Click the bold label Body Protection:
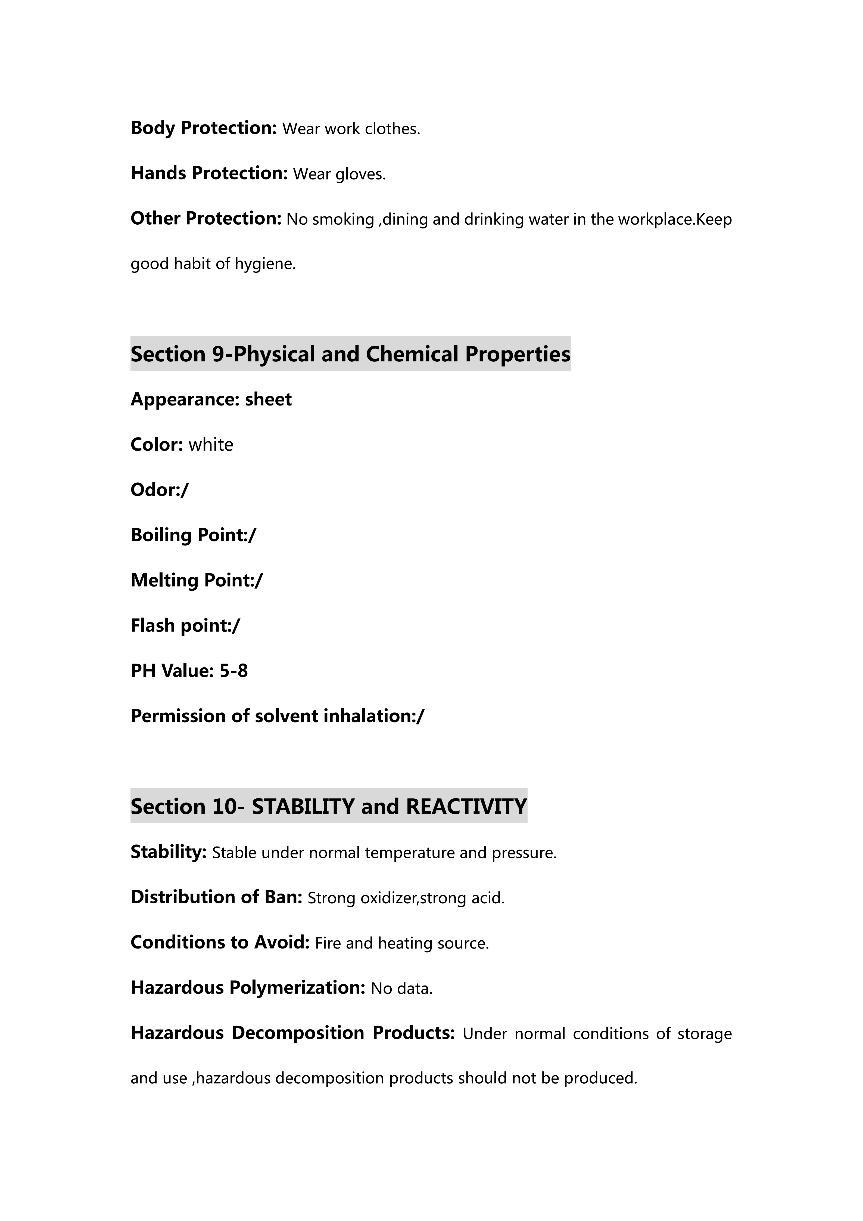204,128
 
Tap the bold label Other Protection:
206,219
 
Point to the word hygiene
270,264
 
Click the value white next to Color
210,445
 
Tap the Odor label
155,490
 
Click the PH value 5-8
234,671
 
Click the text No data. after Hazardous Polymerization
402,988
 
